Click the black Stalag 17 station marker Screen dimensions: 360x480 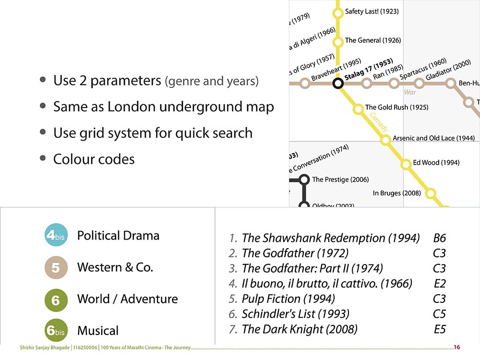coord(338,84)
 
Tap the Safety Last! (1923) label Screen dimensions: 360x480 coord(372,12)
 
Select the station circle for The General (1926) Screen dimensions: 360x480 coord(338,42)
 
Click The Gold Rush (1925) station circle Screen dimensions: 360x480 coord(358,109)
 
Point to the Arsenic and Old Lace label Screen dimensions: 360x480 coord(433,138)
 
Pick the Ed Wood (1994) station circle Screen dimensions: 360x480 coord(406,164)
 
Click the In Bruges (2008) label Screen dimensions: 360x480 coord(396,193)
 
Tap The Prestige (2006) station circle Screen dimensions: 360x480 coord(303,180)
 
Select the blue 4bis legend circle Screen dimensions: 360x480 coord(56,235)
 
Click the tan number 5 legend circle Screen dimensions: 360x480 coord(56,267)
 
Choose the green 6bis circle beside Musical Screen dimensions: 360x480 coord(56,330)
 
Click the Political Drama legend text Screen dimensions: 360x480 coord(118,236)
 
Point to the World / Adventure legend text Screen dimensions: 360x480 coord(127,299)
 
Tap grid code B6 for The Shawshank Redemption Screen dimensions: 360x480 coord(439,238)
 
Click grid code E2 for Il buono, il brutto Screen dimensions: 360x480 coord(439,284)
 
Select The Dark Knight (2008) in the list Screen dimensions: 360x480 coord(300,329)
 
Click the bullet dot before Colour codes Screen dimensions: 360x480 coord(43,158)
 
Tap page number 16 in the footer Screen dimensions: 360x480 coord(457,347)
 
